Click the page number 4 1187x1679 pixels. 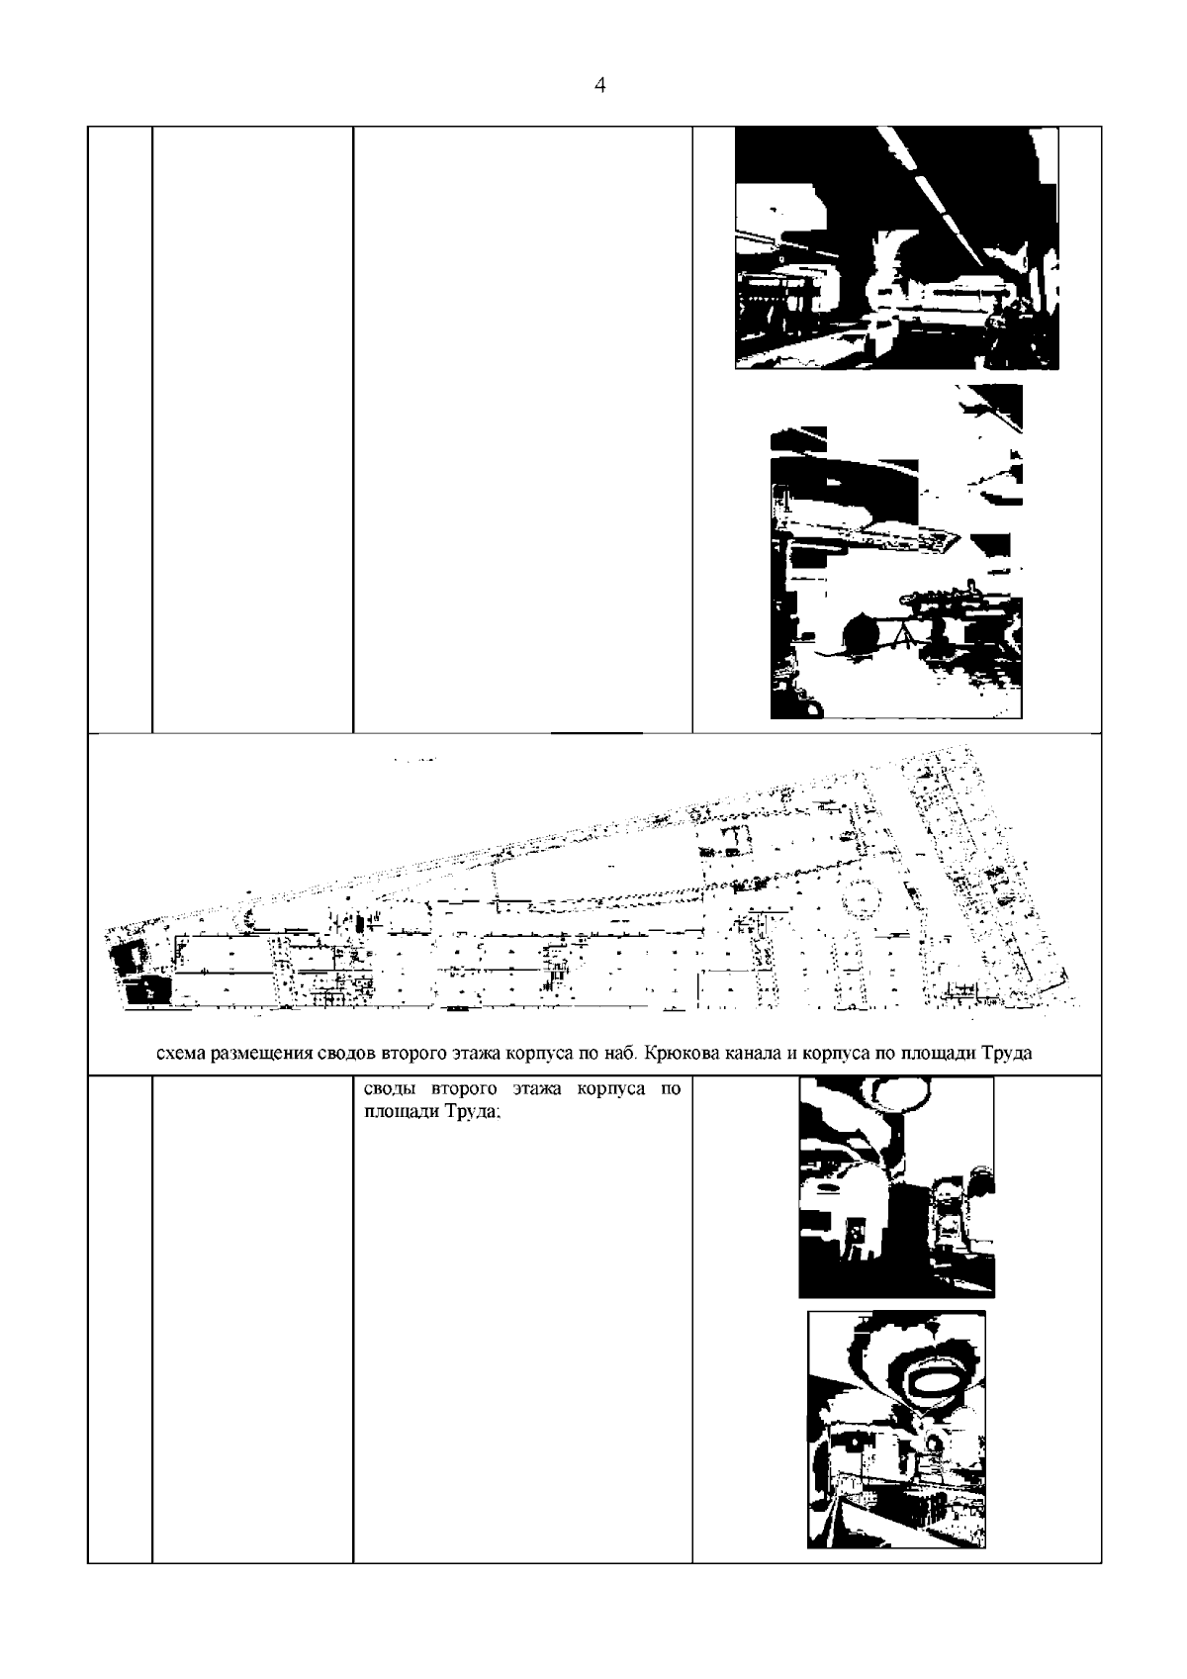[599, 85]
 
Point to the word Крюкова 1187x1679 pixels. [679, 1053]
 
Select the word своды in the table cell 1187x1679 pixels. [391, 1089]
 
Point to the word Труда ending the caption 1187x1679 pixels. [1007, 1053]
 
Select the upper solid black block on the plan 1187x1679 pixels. [127, 960]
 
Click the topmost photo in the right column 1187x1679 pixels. [896, 248]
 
